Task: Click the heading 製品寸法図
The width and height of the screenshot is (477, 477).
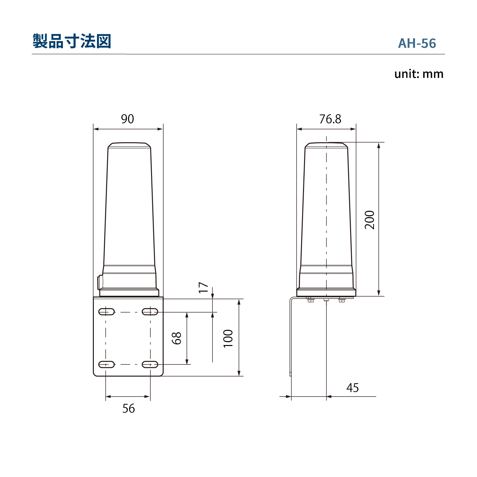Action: pyautogui.click(x=72, y=41)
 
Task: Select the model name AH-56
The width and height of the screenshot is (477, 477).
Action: pyautogui.click(x=417, y=44)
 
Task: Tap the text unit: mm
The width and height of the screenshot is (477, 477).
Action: pyautogui.click(x=419, y=74)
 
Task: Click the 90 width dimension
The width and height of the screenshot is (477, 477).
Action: pyautogui.click(x=128, y=119)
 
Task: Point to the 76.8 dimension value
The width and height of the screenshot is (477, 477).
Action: pyautogui.click(x=330, y=119)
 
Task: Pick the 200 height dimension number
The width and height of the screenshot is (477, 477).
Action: pyautogui.click(x=370, y=220)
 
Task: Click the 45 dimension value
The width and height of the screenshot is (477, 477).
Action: pyautogui.click(x=353, y=388)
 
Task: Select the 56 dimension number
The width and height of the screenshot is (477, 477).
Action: pyautogui.click(x=128, y=409)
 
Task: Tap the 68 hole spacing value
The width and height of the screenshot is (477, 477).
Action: pyautogui.click(x=176, y=338)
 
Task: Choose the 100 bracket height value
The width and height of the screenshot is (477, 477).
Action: pyautogui.click(x=228, y=338)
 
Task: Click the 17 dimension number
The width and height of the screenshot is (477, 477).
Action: pyautogui.click(x=203, y=287)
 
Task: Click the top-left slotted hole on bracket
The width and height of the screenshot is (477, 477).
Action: pyautogui.click(x=107, y=312)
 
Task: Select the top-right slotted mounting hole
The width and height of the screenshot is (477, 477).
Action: pyautogui.click(x=150, y=312)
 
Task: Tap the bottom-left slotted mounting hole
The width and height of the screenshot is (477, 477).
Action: pyautogui.click(x=107, y=364)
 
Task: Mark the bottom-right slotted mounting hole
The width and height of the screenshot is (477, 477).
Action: pyautogui.click(x=150, y=364)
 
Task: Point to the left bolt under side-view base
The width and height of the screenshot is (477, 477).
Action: pyautogui.click(x=310, y=299)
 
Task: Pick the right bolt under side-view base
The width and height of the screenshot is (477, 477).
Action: pyautogui.click(x=342, y=299)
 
